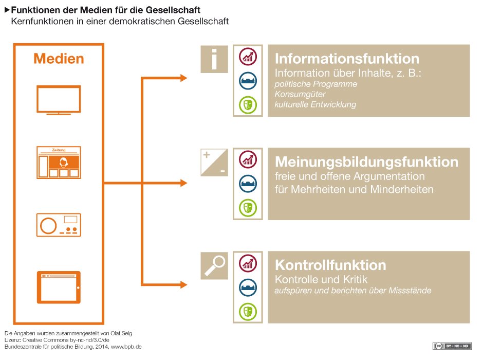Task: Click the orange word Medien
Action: pos(59,59)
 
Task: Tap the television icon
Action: pos(59,99)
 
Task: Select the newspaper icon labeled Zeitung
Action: pos(59,163)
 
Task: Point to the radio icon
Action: pos(59,224)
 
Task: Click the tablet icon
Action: pos(59,287)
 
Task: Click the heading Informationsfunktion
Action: pos(347,58)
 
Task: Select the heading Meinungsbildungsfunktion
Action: pos(366,161)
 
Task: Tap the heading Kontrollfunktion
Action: pos(330,265)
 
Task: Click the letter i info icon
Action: pos(214,58)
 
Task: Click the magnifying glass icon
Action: pos(214,265)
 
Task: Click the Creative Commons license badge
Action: pos(452,346)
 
